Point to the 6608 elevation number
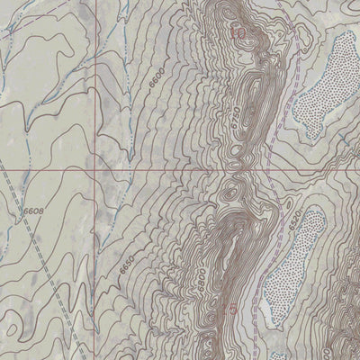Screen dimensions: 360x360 32,211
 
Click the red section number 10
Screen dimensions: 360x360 238,33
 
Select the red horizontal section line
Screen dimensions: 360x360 180,167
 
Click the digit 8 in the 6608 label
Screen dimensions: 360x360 40,211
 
